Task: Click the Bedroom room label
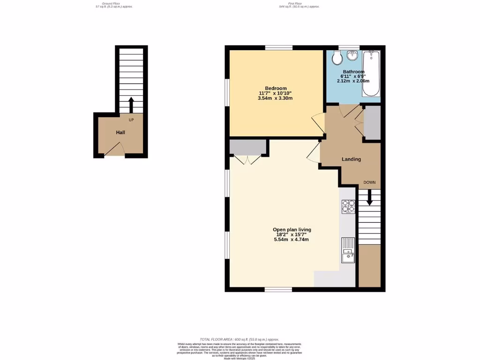276,88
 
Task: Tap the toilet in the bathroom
336,58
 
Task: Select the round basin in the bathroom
352,57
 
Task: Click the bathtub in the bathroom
372,74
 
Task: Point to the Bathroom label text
353,72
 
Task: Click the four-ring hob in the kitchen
348,206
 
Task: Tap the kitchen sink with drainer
348,251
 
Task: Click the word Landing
351,159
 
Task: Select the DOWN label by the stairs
370,182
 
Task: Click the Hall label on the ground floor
120,133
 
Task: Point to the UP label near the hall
131,120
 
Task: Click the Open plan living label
292,230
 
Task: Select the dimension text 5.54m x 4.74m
292,240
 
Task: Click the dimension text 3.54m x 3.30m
275,98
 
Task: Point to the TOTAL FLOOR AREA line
239,339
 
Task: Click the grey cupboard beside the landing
373,123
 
